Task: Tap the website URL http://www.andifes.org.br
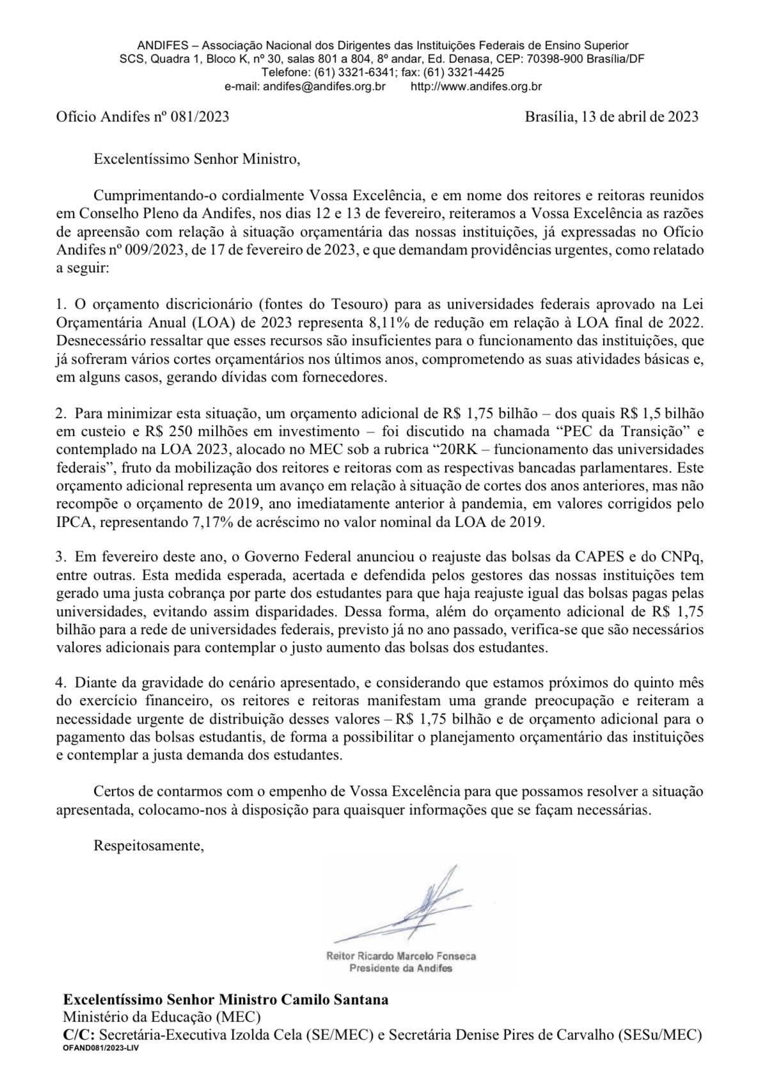click(x=476, y=86)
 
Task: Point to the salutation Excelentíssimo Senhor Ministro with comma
click(x=196, y=159)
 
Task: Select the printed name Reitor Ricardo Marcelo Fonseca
click(x=401, y=956)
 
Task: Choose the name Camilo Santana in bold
click(x=333, y=1000)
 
